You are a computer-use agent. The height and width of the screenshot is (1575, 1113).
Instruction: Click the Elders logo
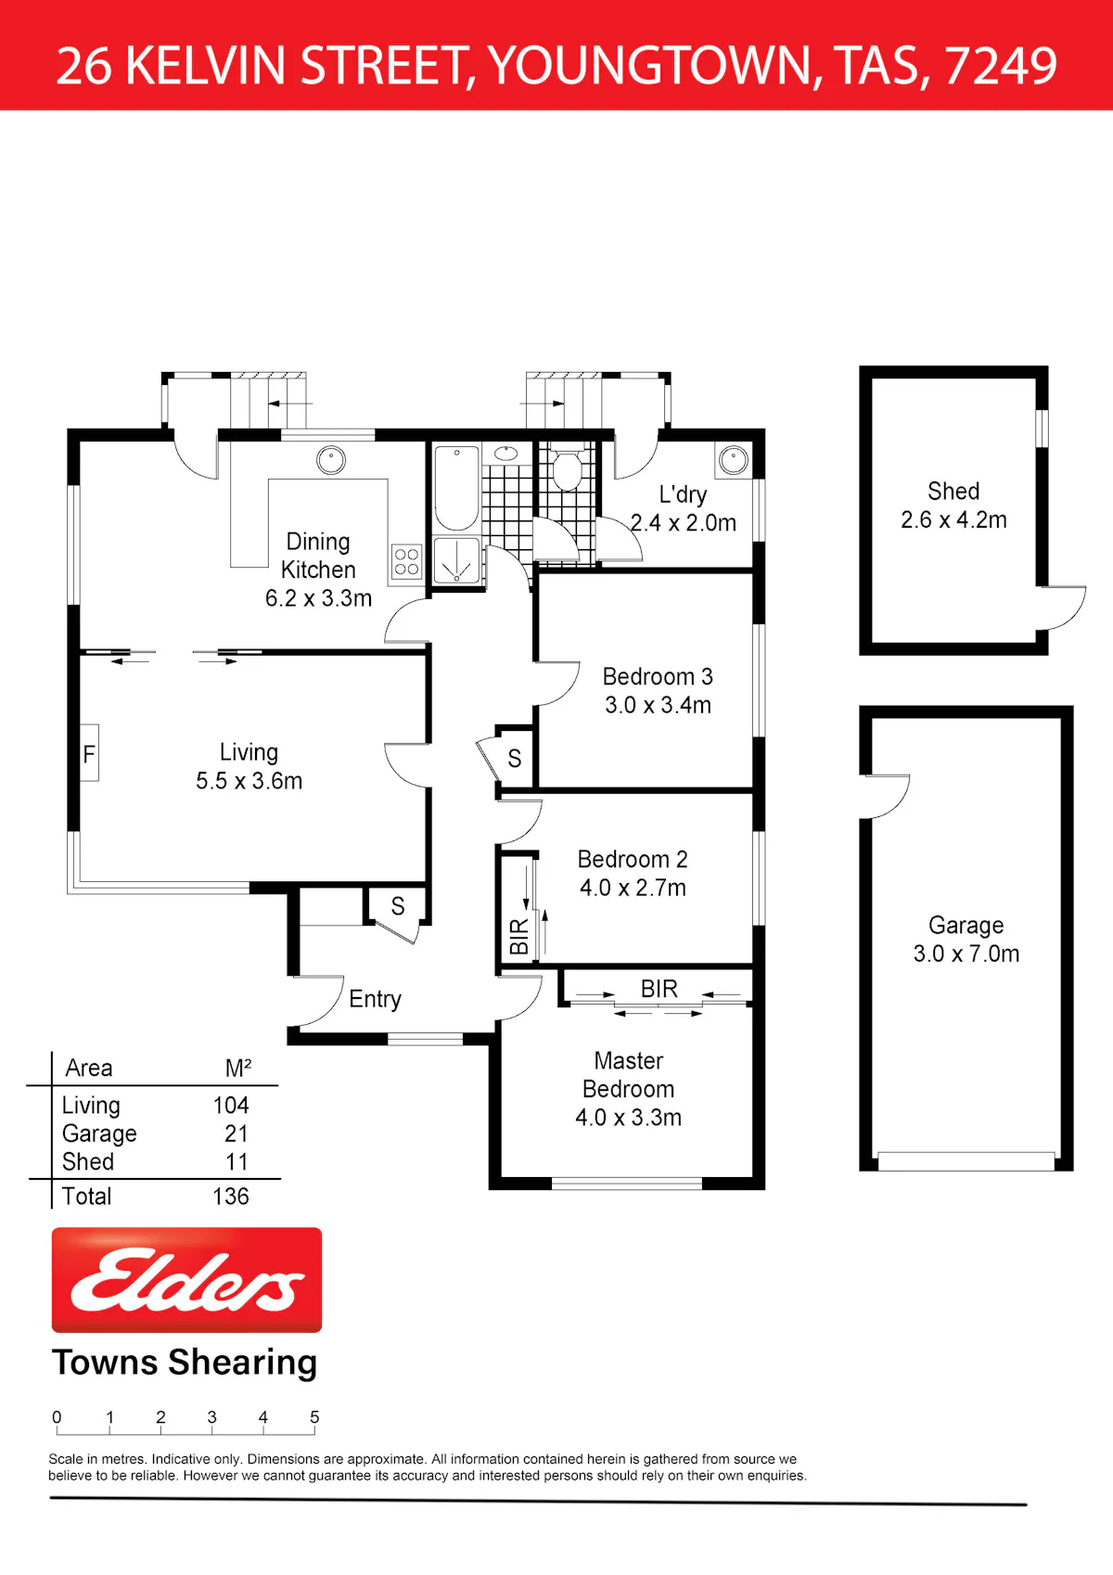[186, 1280]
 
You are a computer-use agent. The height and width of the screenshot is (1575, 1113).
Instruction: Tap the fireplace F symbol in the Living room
[89, 754]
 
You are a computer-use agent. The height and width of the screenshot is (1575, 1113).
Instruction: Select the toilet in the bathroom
[566, 467]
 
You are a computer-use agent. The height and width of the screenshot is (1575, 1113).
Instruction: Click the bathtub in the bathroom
[456, 487]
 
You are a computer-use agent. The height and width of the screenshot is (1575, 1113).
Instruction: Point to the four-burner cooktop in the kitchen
[406, 562]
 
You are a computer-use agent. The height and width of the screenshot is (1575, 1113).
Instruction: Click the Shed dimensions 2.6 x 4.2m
[953, 519]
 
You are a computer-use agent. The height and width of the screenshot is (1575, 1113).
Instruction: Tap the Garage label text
[966, 926]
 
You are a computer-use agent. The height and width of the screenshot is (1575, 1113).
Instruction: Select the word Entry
[375, 999]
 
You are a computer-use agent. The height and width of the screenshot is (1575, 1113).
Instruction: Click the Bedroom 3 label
[658, 676]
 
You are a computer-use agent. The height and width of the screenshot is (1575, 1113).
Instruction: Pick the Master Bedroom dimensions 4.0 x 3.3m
[628, 1118]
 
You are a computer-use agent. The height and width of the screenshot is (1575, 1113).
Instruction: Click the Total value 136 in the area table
[231, 1196]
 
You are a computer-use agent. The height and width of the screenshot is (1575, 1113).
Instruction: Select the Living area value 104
[231, 1106]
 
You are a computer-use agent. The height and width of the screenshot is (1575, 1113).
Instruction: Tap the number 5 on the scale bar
[314, 1416]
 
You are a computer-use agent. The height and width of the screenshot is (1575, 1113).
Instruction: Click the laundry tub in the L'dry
[734, 460]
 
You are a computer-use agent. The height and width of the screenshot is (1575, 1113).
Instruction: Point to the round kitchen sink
[330, 461]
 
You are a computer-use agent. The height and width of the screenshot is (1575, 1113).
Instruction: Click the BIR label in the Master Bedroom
[659, 989]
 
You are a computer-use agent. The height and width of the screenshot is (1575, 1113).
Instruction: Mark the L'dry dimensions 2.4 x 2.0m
[683, 523]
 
